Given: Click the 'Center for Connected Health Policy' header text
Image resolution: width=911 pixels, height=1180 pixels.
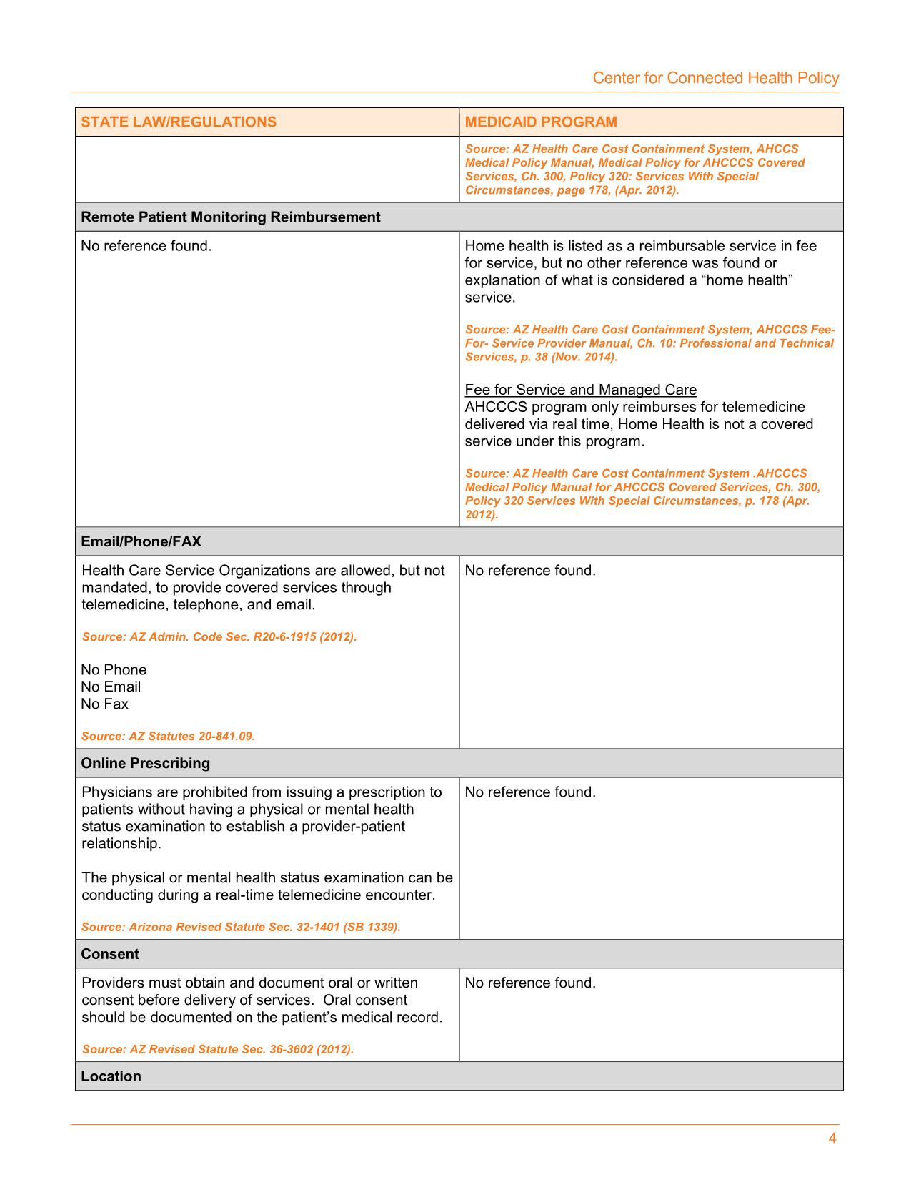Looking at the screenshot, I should [x=715, y=78].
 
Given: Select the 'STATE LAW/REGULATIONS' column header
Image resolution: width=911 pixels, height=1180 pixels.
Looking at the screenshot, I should [x=179, y=122].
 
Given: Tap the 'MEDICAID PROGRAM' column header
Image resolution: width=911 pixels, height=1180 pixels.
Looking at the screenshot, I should [x=541, y=122].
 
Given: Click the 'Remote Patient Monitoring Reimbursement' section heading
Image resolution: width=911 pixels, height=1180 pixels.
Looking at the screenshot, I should [x=231, y=217].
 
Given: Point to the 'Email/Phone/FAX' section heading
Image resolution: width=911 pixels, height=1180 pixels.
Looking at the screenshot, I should [x=141, y=541].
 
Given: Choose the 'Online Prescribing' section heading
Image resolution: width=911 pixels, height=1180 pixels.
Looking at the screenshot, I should [x=146, y=763].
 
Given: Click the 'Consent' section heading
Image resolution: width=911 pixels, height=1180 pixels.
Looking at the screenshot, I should [x=110, y=954].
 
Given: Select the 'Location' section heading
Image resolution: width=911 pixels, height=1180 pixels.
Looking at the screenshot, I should [x=111, y=1076].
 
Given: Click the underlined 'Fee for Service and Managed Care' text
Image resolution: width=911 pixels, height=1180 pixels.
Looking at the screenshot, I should [x=580, y=390].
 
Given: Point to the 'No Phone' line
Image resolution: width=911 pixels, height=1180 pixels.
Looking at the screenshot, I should [x=114, y=669].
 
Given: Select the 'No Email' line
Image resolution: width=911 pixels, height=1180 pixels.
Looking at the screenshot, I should [x=111, y=687].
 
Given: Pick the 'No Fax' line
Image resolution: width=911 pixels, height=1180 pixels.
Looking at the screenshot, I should [x=105, y=704].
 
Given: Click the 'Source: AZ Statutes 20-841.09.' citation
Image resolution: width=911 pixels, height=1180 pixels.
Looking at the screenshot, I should [x=168, y=736].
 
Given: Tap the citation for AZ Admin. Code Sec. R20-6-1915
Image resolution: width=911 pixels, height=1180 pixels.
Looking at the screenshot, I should [x=219, y=636].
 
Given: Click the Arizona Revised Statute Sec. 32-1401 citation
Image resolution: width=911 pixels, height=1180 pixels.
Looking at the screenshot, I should [x=241, y=927].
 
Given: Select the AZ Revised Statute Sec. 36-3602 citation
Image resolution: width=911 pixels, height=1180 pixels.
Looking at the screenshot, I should [x=218, y=1049].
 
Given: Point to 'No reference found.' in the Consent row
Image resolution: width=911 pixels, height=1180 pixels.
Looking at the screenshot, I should [x=530, y=983].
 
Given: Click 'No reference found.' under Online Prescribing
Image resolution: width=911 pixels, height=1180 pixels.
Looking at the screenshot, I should [x=530, y=792].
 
